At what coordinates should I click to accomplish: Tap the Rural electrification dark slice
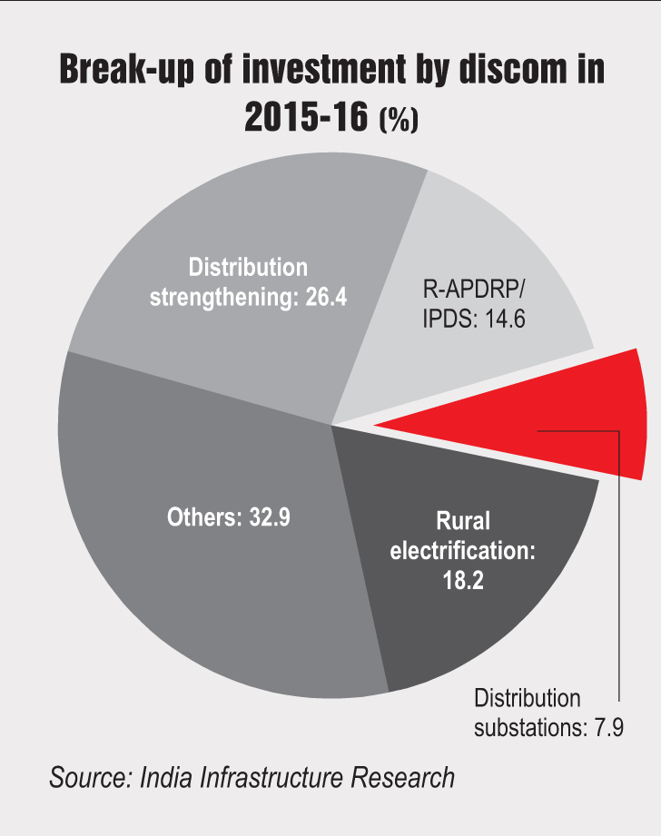click(469, 560)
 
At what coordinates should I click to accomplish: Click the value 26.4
click(326, 298)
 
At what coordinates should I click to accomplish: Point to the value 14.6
click(505, 319)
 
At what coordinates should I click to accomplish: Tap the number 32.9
click(270, 517)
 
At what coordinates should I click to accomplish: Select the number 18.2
click(463, 580)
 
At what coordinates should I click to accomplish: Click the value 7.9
click(608, 728)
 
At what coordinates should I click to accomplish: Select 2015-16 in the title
click(306, 116)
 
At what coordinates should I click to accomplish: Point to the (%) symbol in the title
click(399, 119)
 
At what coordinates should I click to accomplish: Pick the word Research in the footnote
click(403, 778)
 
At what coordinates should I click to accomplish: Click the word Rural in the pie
click(463, 521)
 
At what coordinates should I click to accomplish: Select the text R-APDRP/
click(474, 290)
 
